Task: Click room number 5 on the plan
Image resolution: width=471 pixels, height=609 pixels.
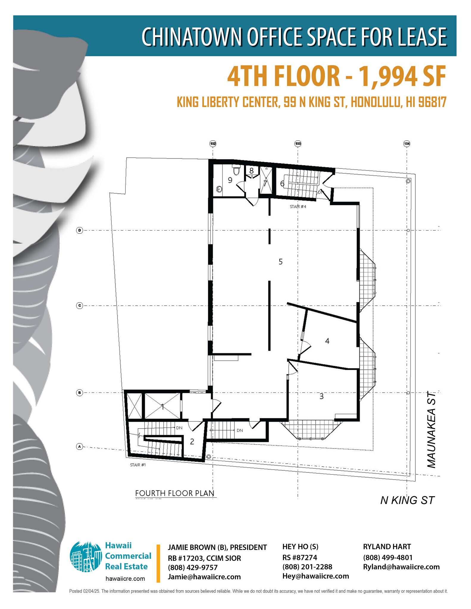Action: [x=280, y=262]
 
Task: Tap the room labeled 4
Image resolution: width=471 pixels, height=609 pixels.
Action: [x=327, y=341]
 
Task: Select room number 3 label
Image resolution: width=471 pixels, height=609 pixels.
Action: [x=321, y=396]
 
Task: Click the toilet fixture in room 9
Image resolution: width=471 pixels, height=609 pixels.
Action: [x=237, y=170]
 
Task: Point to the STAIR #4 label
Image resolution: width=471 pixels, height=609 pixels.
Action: [x=298, y=206]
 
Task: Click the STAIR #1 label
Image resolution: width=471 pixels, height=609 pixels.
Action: [x=138, y=465]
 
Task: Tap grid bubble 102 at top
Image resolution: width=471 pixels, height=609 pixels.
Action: [x=213, y=144]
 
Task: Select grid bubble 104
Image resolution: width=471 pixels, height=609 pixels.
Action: [x=407, y=144]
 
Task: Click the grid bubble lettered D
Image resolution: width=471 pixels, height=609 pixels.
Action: [x=79, y=230]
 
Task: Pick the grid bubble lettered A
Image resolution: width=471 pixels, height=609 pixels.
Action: [x=79, y=446]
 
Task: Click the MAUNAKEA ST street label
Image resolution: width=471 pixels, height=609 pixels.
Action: [x=431, y=429]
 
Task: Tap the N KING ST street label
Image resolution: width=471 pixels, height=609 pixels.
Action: [x=407, y=500]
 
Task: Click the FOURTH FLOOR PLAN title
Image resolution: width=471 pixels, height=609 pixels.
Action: [x=175, y=493]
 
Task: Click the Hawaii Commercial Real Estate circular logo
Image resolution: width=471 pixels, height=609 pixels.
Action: [x=86, y=556]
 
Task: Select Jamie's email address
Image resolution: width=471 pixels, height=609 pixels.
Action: [x=204, y=577]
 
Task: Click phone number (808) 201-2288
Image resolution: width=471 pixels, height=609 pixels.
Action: [x=307, y=567]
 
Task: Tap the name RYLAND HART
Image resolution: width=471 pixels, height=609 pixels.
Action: [x=387, y=547]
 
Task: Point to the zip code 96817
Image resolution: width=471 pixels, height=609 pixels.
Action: [x=432, y=102]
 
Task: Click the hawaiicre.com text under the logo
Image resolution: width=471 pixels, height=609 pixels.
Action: [x=125, y=579]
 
